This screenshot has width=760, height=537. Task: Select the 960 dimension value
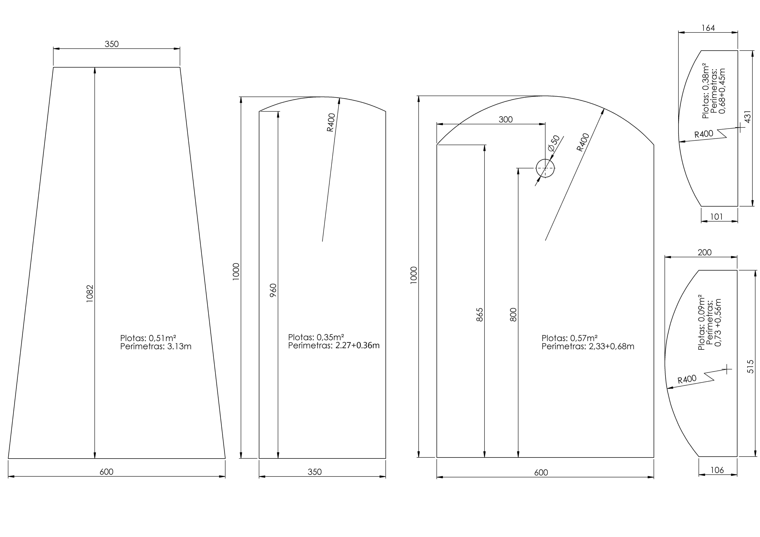click(x=273, y=290)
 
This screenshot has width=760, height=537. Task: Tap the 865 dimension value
click(x=480, y=315)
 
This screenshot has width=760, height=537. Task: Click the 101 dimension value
click(x=717, y=217)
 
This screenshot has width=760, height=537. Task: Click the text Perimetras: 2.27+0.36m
click(x=334, y=345)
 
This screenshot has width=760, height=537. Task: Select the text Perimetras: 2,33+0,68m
click(x=588, y=346)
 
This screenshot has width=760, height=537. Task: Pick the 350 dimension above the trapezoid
click(x=112, y=44)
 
